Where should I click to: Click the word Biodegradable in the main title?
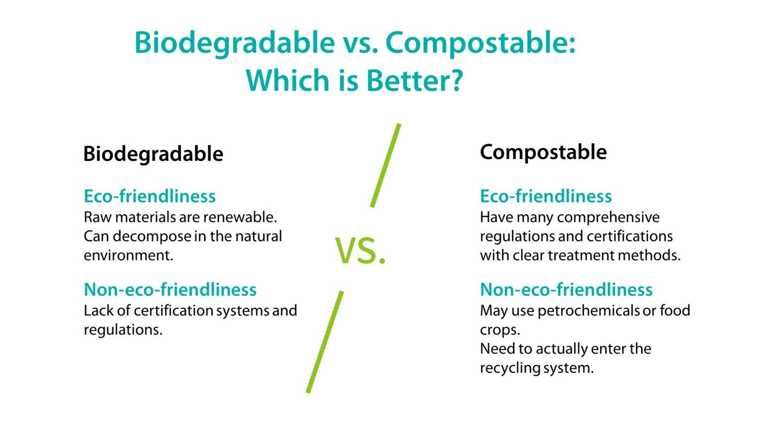tap(234, 43)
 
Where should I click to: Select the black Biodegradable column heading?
tap(153, 154)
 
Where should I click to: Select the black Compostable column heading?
tap(543, 152)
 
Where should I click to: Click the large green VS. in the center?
tap(360, 251)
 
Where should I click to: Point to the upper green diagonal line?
tap(385, 165)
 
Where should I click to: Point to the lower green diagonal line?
tap(325, 342)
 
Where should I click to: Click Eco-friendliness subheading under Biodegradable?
tap(150, 196)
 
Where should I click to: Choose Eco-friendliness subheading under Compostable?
tap(545, 196)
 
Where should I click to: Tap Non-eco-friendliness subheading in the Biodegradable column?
tap(170, 289)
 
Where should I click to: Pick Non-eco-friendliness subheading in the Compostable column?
tap(566, 289)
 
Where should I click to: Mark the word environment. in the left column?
tap(128, 255)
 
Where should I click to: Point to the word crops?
tap(499, 330)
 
